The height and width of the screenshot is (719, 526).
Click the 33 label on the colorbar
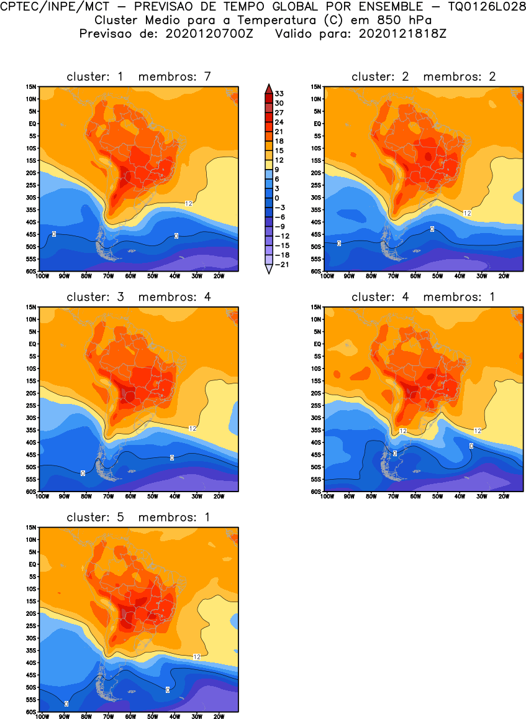pyautogui.click(x=279, y=94)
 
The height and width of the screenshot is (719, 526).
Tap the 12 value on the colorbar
pyautogui.click(x=279, y=160)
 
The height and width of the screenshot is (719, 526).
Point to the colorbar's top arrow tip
pyautogui.click(x=268, y=86)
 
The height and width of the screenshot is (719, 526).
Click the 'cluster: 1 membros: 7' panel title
pyautogui.click(x=139, y=76)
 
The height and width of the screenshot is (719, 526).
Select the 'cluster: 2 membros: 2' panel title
pyautogui.click(x=424, y=76)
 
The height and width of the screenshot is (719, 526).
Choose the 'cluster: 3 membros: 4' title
pyautogui.click(x=139, y=297)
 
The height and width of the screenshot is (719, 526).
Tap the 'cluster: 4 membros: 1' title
pyautogui.click(x=424, y=297)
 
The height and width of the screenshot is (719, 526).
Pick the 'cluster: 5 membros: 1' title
pyautogui.click(x=139, y=517)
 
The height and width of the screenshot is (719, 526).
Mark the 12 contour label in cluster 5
pyautogui.click(x=196, y=656)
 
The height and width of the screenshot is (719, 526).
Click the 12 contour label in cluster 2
pyautogui.click(x=468, y=213)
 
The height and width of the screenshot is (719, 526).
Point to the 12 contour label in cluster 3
pyautogui.click(x=192, y=428)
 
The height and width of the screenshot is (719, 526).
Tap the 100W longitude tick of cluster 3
pyautogui.click(x=42, y=497)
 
